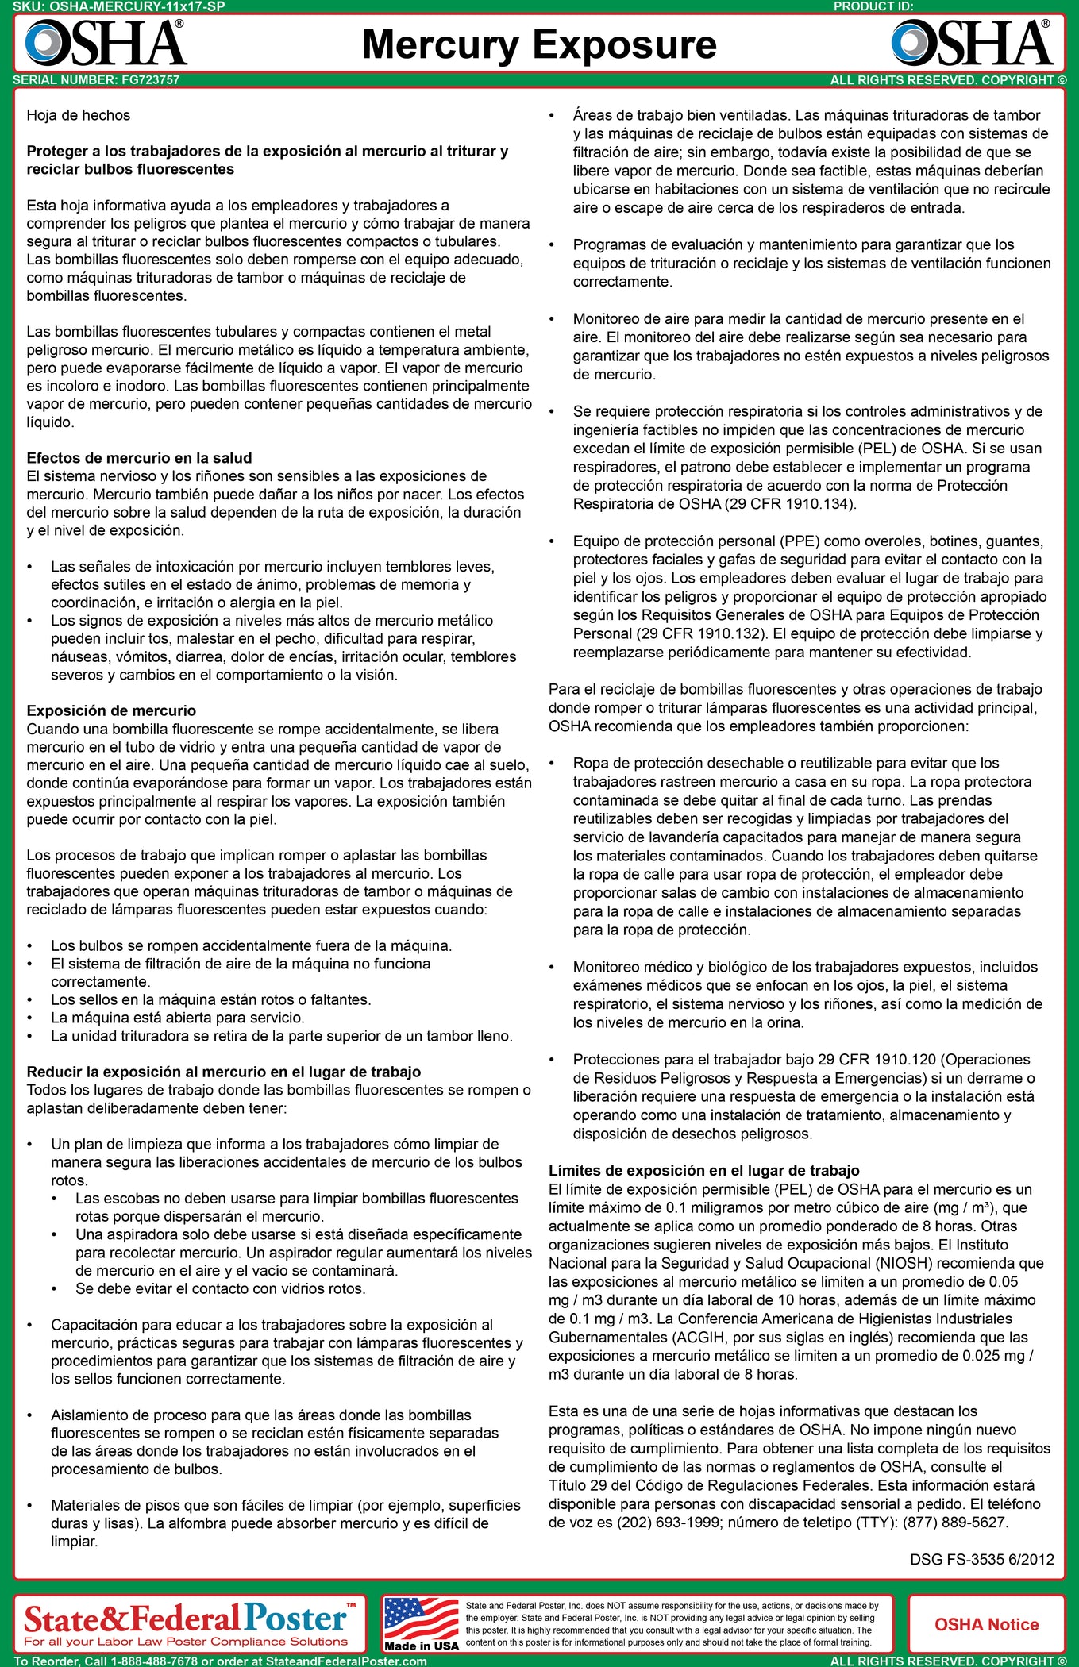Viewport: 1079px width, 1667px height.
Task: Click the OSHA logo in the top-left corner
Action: tap(106, 43)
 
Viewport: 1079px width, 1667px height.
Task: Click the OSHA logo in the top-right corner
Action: tap(972, 43)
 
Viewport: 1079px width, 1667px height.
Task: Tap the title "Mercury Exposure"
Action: tap(539, 44)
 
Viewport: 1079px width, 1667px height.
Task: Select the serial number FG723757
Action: tap(151, 80)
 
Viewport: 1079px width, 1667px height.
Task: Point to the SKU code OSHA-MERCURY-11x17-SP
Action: tap(137, 6)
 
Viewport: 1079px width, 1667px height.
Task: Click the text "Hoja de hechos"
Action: tap(78, 115)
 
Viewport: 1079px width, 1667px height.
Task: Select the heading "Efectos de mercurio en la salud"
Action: tap(139, 458)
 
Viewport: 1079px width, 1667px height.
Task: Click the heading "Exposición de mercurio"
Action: tap(111, 710)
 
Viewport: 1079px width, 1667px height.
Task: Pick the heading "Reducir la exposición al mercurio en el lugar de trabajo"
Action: tap(223, 1072)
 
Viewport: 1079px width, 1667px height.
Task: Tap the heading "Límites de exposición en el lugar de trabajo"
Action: tap(703, 1171)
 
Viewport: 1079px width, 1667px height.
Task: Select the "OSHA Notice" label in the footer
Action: tap(986, 1624)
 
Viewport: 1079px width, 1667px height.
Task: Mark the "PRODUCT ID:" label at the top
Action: tap(873, 6)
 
